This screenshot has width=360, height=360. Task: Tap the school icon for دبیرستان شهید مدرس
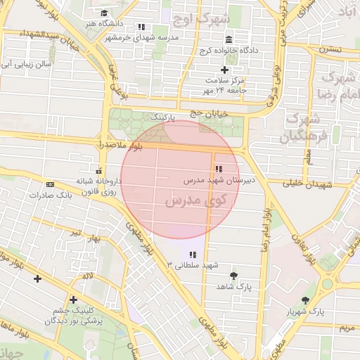(218, 169)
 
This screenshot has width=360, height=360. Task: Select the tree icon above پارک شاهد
(234, 275)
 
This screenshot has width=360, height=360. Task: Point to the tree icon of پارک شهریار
(304, 300)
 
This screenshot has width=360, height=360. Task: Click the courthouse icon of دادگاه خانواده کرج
(229, 39)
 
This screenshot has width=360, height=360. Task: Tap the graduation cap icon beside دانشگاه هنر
(104, 13)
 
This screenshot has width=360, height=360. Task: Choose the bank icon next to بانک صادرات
(49, 184)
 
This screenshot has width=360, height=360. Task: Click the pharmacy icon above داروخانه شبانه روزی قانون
(98, 170)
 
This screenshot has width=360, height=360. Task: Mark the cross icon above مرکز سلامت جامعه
(224, 70)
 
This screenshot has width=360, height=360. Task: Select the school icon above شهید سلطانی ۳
(193, 254)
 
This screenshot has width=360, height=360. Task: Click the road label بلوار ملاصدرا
(123, 144)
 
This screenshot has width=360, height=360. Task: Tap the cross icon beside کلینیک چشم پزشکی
(73, 300)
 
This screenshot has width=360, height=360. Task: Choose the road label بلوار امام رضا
(266, 232)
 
